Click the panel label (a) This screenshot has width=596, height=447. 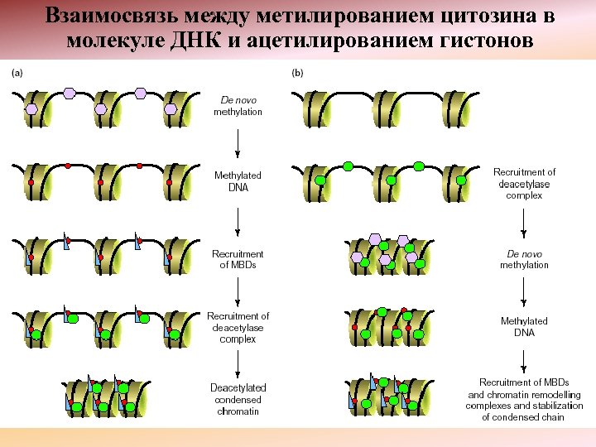tap(17, 73)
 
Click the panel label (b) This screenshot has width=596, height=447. tap(297, 73)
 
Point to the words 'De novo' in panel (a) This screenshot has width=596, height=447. tap(238, 99)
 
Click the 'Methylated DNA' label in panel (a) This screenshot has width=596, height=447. tap(238, 181)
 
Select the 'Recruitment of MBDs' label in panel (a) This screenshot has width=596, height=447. tap(238, 259)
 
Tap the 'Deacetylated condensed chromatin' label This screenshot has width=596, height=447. tap(238, 399)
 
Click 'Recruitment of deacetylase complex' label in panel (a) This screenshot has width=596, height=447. tap(238, 327)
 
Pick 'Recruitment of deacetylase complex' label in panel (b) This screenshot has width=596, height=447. tap(524, 184)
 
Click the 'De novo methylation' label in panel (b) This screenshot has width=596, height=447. tap(524, 259)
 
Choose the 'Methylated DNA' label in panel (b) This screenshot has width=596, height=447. tap(524, 326)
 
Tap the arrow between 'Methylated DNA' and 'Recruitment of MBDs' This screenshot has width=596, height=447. tap(238, 220)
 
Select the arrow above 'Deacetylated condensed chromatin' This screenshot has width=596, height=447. tap(238, 361)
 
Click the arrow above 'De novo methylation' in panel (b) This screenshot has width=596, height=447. tap(524, 225)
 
